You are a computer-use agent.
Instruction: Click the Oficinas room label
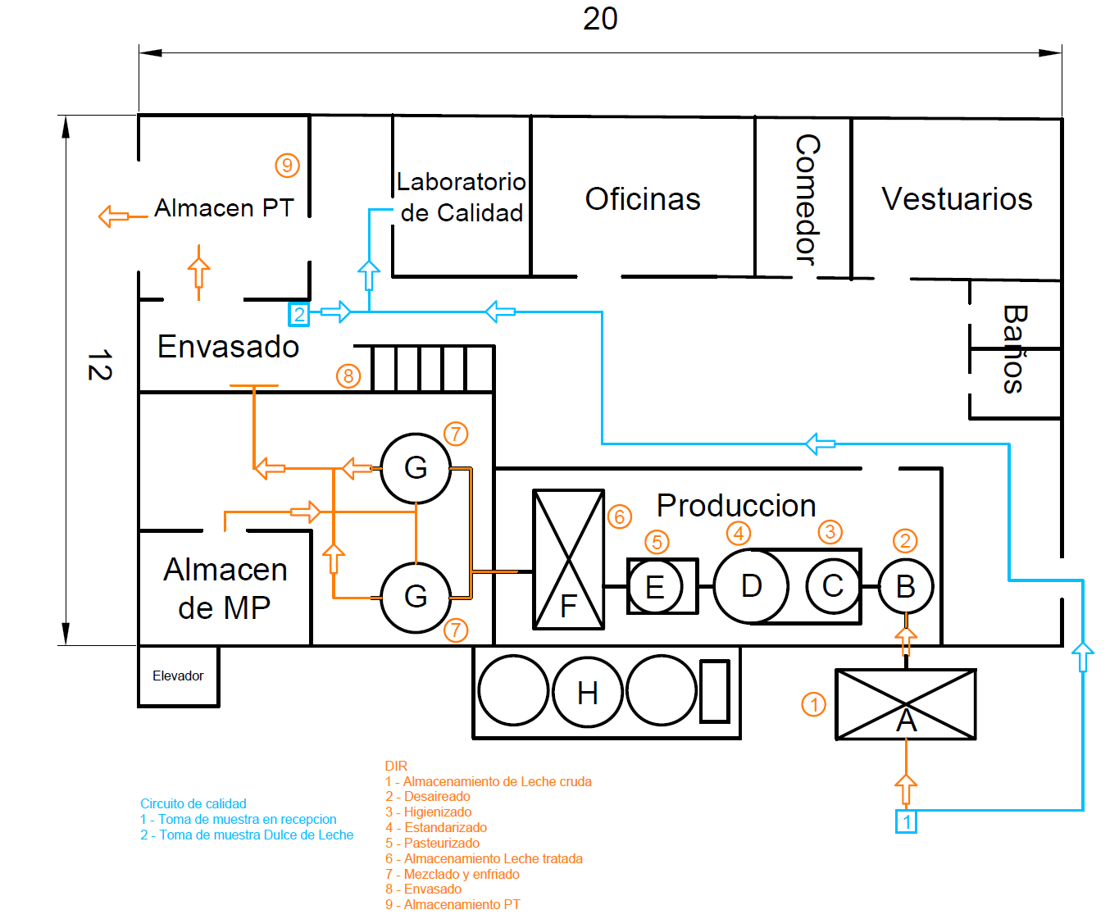(x=642, y=199)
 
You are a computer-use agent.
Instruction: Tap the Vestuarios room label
(x=957, y=199)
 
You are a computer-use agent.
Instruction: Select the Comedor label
(x=807, y=199)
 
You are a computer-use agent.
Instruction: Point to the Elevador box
(x=178, y=676)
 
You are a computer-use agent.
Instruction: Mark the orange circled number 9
(x=287, y=165)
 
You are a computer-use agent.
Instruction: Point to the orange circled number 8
(x=348, y=375)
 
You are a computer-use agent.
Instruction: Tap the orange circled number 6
(x=619, y=516)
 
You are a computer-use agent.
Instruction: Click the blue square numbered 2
(x=298, y=314)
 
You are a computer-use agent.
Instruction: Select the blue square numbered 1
(x=906, y=822)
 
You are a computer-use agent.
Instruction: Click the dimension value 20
(x=600, y=19)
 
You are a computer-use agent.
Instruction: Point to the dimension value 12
(x=100, y=365)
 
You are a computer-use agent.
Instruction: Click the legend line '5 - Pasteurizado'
(x=432, y=843)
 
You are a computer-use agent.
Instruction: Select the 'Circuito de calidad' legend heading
(x=193, y=803)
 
